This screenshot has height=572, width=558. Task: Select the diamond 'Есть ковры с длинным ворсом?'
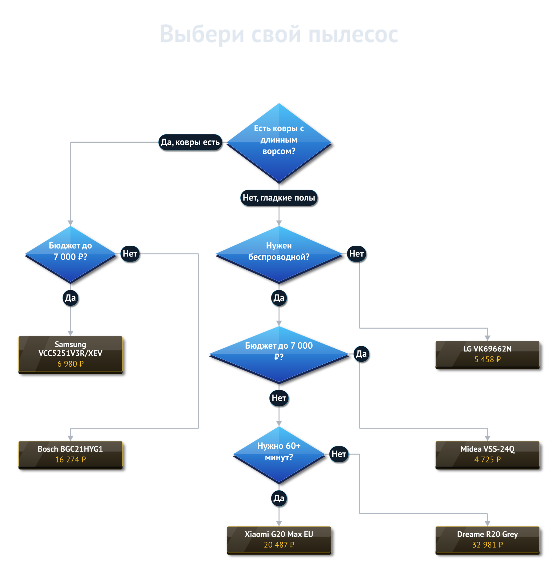tap(279, 143)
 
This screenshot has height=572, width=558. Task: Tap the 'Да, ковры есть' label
tap(190, 142)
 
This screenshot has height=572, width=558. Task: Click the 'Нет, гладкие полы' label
tap(279, 198)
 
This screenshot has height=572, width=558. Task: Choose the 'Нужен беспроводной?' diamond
tap(279, 254)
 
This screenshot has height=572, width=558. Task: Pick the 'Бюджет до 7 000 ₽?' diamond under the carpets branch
tap(70, 254)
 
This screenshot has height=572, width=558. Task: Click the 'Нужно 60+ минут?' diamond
tap(279, 455)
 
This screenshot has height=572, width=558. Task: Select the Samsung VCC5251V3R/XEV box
tap(70, 355)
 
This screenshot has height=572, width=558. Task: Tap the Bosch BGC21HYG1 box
tap(70, 455)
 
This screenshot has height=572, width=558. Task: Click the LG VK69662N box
tap(487, 355)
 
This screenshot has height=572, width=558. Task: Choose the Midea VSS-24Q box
tap(487, 455)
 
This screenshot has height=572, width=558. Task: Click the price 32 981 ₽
tap(487, 545)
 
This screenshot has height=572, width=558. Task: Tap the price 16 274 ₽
tap(70, 459)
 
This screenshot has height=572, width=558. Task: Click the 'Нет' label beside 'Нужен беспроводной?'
tap(356, 254)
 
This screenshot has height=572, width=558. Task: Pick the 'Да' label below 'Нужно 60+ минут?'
tap(279, 498)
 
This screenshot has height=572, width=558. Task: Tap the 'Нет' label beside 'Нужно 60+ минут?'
tap(339, 454)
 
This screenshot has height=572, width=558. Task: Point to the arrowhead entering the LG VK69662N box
tap(487, 338)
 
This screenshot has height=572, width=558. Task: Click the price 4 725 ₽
tap(487, 459)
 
